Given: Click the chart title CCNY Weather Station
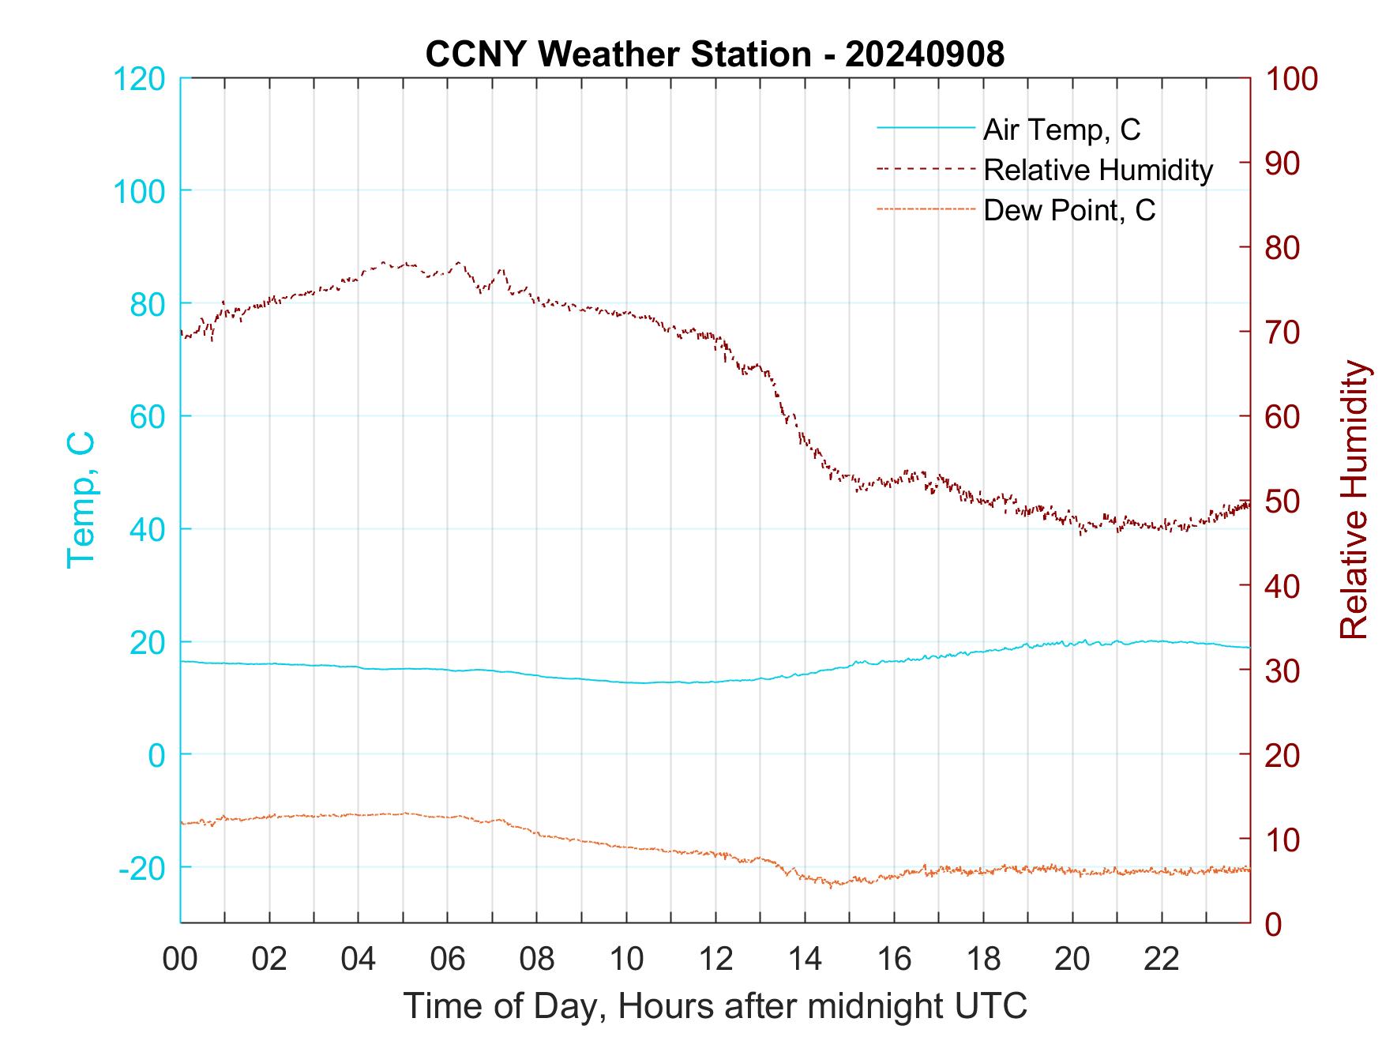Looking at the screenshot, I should pos(715,54).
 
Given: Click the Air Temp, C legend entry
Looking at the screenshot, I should pos(1061,130).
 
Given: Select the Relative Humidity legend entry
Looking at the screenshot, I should pos(1098,170).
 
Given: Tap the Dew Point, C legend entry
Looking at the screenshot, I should pos(1069,210).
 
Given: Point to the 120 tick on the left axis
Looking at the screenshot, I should pos(139,79).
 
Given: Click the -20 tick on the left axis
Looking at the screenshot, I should pos(142,869).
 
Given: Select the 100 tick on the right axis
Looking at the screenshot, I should pos(1292,79).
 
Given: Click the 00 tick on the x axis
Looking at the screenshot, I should pos(180,959).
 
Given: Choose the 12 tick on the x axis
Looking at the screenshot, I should pos(715,959).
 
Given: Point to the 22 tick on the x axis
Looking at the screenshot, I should pos(1162,959).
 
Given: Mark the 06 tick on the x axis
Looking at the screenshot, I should pos(448,959).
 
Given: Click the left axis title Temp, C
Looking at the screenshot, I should pos(81,500).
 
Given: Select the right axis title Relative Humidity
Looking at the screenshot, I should pos(1354,500).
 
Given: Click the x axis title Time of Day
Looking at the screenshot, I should pos(715,1005).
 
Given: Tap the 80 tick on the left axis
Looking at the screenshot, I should pos(147,304).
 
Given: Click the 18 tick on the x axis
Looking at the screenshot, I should pos(983,959).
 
